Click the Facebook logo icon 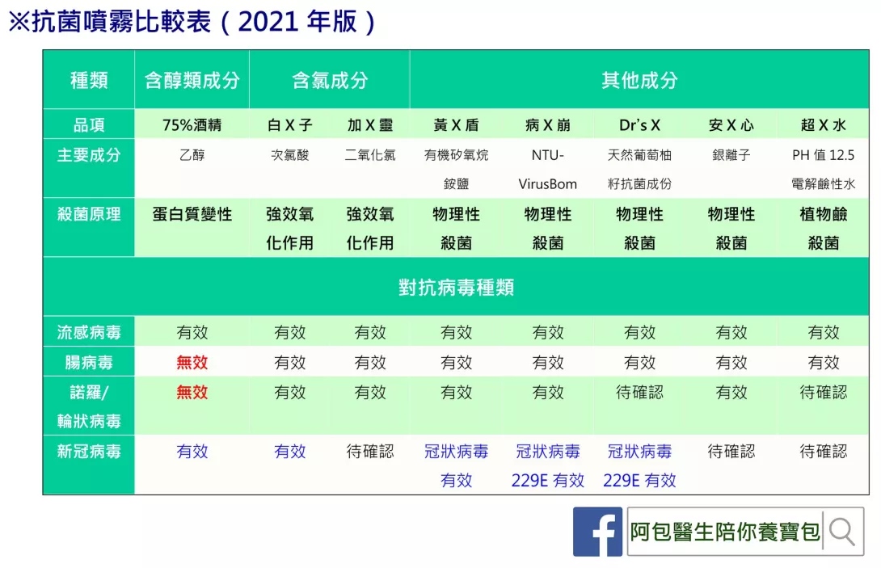tap(597, 532)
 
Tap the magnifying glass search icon tap(841, 532)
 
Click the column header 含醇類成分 tap(192, 80)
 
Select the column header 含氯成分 tap(330, 80)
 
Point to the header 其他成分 tap(639, 80)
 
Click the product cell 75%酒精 tap(192, 124)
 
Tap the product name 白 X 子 tap(290, 124)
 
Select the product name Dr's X tap(639, 124)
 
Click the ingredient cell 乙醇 tap(192, 155)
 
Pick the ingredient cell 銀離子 tap(731, 155)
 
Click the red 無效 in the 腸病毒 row tap(192, 363)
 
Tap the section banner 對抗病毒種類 tap(456, 287)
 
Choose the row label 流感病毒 tap(89, 333)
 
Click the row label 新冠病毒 tap(89, 452)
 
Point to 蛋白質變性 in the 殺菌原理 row tap(192, 214)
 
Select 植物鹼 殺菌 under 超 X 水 tap(823, 229)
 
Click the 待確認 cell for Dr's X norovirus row tap(639, 392)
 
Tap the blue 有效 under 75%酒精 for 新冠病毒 tap(192, 452)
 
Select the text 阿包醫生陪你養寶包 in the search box tap(725, 532)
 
